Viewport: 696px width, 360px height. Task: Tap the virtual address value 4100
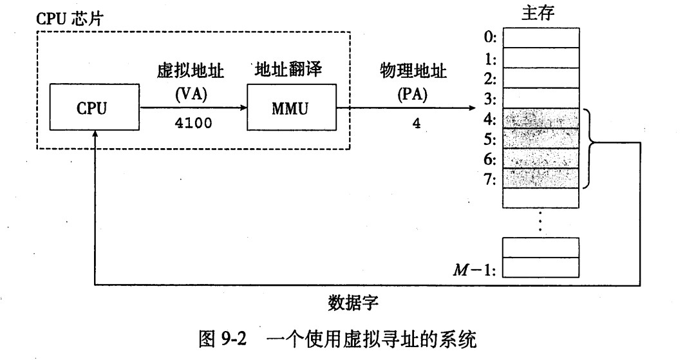(193, 123)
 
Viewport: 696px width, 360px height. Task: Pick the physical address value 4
(417, 124)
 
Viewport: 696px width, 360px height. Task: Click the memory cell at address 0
(541, 38)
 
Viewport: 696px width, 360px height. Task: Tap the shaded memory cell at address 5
(541, 138)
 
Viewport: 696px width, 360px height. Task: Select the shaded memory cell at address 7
(541, 178)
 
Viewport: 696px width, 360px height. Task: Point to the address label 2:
(490, 79)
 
